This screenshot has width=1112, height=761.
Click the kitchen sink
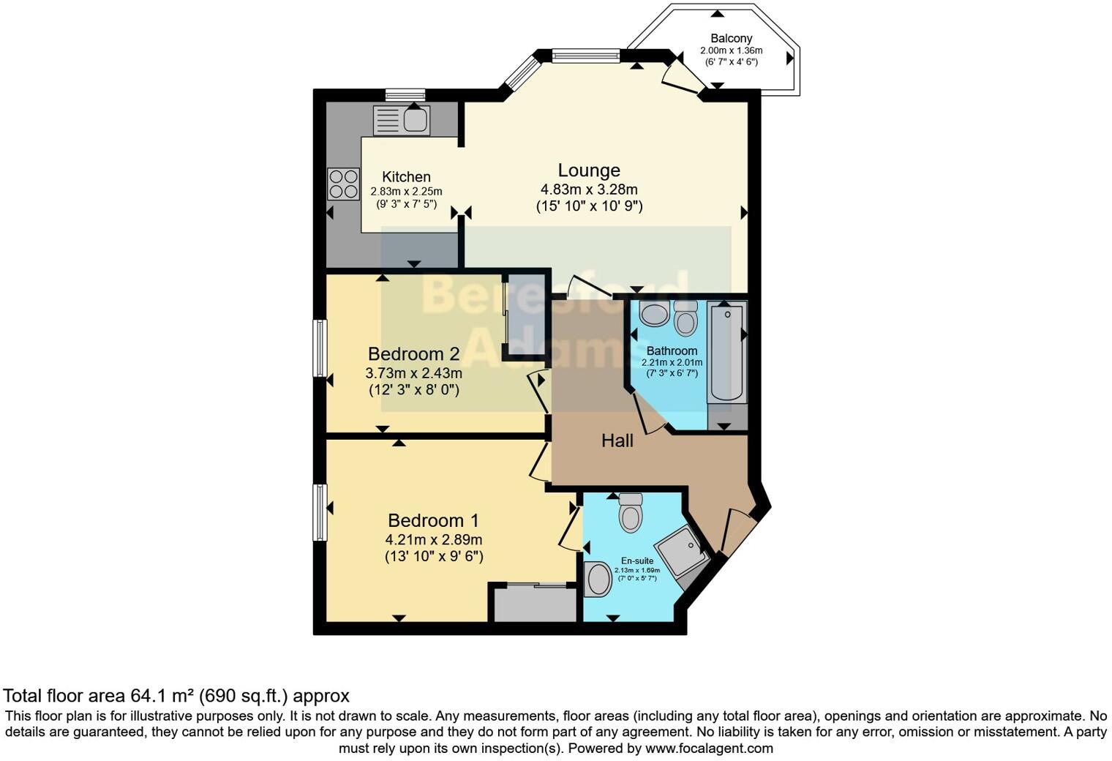[402, 120]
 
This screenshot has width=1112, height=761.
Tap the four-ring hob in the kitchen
[343, 184]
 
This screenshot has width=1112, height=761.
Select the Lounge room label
[589, 170]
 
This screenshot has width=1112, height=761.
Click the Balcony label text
[731, 38]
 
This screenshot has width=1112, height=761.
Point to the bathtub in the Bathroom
[726, 353]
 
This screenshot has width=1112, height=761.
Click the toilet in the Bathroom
[685, 318]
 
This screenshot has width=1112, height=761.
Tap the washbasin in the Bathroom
[653, 313]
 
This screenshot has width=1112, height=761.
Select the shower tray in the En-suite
[680, 550]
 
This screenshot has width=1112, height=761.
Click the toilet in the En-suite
[631, 513]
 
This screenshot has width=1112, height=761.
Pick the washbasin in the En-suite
[598, 579]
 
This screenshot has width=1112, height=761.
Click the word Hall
[617, 441]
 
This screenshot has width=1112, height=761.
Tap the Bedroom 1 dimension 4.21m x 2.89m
[434, 540]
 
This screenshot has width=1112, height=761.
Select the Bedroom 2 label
[413, 354]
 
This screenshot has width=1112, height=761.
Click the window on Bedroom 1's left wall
[320, 512]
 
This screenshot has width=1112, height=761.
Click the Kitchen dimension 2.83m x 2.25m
[406, 192]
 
